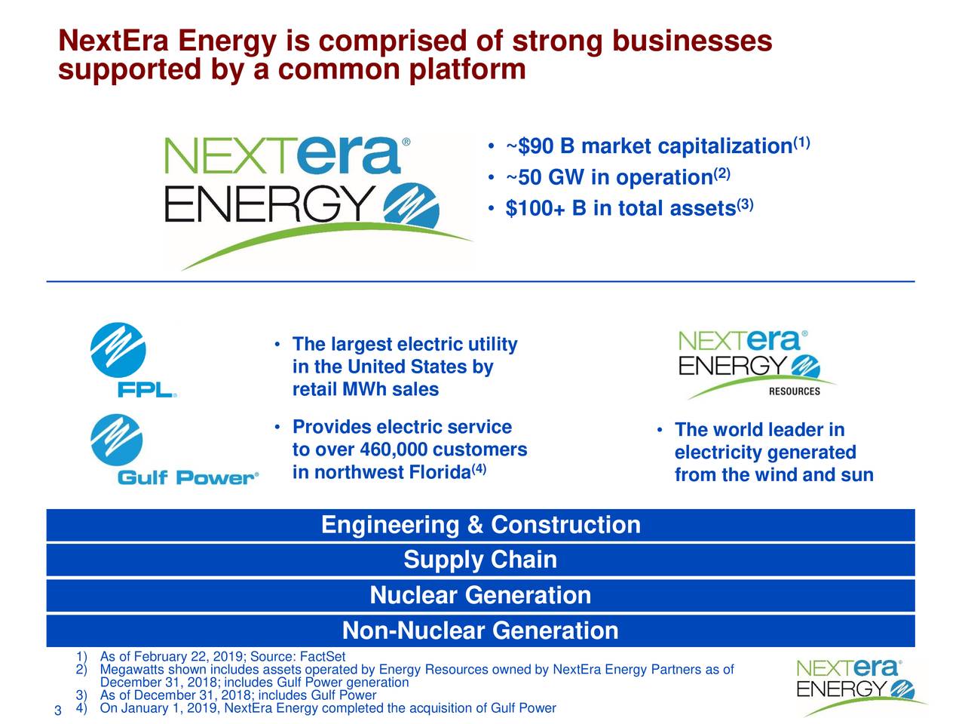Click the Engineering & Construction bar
coord(480,525)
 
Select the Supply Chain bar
coord(480,560)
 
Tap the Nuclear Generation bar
coord(480,596)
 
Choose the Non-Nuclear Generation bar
coord(480,630)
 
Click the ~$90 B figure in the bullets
coord(540,146)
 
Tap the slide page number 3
coord(57,713)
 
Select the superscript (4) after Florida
coord(479,471)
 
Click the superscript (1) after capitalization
coord(801,143)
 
